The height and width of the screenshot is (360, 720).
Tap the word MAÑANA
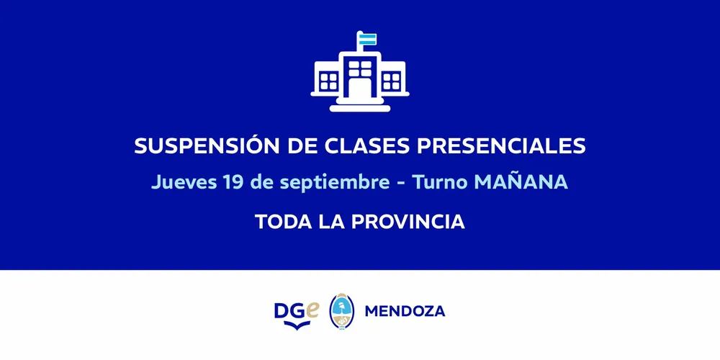(x=521, y=181)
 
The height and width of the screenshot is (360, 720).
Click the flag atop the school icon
(x=367, y=39)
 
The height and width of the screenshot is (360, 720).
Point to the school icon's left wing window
(x=328, y=81)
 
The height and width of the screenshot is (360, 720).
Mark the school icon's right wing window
(x=392, y=81)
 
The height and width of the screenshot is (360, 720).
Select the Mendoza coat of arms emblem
(x=341, y=311)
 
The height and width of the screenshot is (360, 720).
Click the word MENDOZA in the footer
(x=405, y=312)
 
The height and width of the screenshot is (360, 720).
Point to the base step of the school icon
(x=360, y=108)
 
